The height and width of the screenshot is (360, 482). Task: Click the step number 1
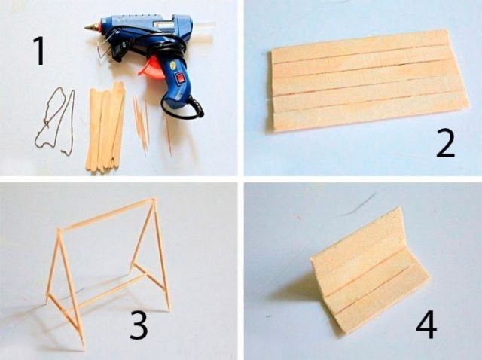40,50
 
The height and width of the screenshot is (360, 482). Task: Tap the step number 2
445,144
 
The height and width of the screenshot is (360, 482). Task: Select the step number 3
139,325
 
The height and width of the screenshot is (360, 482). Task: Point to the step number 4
426,325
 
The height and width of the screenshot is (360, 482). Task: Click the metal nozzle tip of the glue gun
91,27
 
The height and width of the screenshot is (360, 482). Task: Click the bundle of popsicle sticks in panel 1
105,126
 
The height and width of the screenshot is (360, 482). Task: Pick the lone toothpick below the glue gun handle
169,136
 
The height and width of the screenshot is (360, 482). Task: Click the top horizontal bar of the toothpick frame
105,214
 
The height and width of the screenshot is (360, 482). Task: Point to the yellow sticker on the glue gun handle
172,65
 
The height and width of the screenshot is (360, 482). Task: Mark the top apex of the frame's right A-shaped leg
152,200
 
